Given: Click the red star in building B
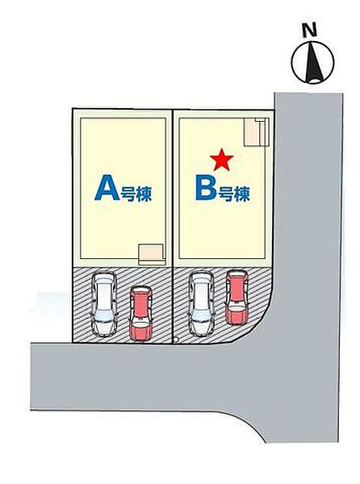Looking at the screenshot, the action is click(x=221, y=160).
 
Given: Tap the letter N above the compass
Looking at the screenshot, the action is click(x=310, y=31).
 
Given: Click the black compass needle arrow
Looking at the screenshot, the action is click(x=314, y=63).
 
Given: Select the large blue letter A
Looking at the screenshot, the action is click(x=107, y=188).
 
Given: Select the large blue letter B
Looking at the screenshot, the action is click(x=206, y=188).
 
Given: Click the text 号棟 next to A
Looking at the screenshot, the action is click(x=136, y=194).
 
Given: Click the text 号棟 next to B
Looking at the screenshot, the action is click(x=234, y=194).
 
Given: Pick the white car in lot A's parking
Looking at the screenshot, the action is click(x=104, y=304).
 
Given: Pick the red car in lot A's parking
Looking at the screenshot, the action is click(x=140, y=313).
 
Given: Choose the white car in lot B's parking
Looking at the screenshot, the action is click(x=201, y=304).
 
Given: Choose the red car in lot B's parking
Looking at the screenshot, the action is click(x=237, y=297).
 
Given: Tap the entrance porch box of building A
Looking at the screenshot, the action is click(x=151, y=254).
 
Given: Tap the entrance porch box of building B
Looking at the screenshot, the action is click(x=256, y=132).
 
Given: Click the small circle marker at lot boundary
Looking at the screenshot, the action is click(x=176, y=340).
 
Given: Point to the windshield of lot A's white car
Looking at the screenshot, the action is click(x=104, y=315).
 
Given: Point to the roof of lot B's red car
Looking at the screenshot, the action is click(x=237, y=289).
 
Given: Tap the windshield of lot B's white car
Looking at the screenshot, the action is click(x=201, y=315).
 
